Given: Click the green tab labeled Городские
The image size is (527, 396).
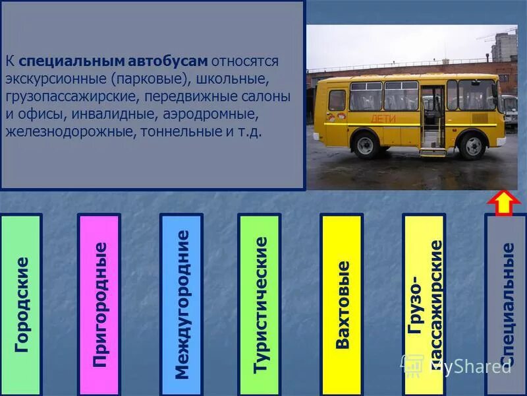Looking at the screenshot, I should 21,304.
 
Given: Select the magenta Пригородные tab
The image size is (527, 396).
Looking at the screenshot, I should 99,304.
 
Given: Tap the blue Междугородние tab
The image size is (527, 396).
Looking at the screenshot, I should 181,304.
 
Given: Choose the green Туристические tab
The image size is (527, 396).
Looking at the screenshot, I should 259,304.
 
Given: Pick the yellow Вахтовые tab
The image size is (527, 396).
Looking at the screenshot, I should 341,304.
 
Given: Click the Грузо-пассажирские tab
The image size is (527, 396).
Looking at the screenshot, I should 424,304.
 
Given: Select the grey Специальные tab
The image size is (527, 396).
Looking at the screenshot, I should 506,304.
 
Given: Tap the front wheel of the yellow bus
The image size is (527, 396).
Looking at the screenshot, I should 472,146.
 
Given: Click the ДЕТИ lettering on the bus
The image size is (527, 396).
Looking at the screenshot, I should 384,119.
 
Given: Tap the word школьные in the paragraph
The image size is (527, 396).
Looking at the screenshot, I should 231,79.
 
